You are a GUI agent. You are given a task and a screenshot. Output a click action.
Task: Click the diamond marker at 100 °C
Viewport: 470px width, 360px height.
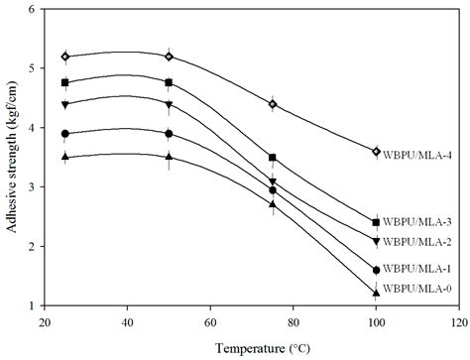[376, 152]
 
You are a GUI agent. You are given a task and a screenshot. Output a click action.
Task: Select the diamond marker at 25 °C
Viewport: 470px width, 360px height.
[65, 57]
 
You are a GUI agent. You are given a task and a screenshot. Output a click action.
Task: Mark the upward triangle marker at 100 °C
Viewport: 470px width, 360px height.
[376, 293]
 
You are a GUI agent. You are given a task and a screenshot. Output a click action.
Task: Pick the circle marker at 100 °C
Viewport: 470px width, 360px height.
[376, 270]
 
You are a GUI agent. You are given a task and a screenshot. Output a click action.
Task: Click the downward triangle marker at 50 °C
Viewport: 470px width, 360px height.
[169, 105]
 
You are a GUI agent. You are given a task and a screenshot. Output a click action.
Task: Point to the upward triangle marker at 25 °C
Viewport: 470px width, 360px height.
[65, 157]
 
